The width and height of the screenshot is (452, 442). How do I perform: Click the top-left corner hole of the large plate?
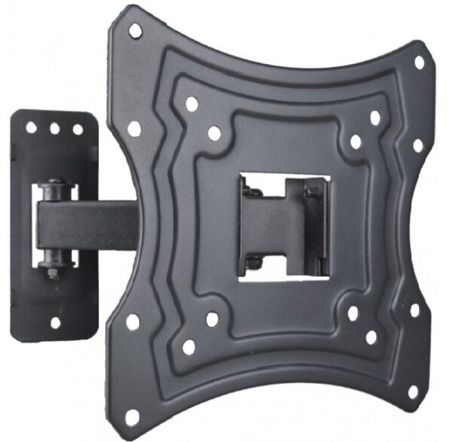coord(136,30)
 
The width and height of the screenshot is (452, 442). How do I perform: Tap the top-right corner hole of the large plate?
coord(420,62)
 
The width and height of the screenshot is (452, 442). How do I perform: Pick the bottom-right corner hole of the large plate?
coord(412,392)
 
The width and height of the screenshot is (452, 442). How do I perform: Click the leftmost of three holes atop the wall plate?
coord(32,128)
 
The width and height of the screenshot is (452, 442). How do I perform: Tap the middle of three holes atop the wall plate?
coord(55,129)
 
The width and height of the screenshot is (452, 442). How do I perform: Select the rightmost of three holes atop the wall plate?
coord(78,130)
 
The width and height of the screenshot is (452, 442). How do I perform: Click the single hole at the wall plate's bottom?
coord(55,322)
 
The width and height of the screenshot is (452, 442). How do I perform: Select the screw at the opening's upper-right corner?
coord(310,194)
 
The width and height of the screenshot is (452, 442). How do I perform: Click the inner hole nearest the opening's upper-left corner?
coord(214,133)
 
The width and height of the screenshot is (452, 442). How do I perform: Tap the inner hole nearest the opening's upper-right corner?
coord(356,141)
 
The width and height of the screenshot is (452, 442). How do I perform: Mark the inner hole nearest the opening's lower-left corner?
coord(212,319)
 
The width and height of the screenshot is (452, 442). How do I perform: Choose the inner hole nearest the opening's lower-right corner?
coord(352,313)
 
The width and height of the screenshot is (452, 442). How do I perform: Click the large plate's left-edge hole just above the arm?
coord(134,129)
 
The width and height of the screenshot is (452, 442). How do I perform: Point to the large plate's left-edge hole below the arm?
coord(133,322)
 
